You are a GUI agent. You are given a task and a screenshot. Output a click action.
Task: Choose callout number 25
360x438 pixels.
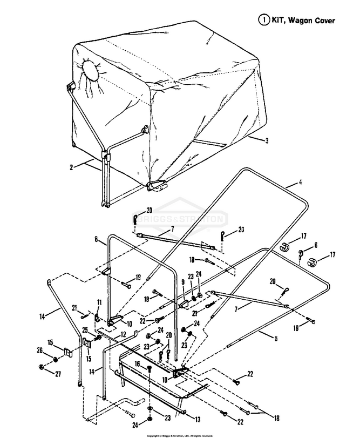point(85,330)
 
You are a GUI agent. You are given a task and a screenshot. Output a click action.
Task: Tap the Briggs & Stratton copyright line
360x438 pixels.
point(184,434)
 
